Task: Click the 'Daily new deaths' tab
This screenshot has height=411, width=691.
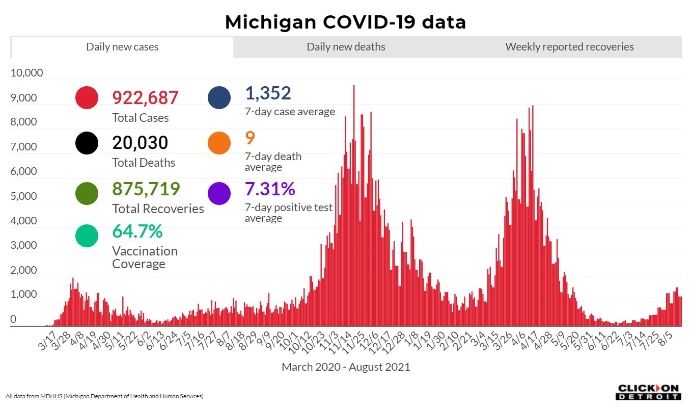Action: [x=346, y=47]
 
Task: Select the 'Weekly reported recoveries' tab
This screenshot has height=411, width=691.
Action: [x=569, y=47]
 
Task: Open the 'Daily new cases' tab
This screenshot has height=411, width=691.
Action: [x=122, y=47]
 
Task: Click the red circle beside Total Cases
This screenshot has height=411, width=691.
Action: [x=87, y=97]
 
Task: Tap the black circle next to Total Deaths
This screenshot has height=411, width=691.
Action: [x=87, y=143]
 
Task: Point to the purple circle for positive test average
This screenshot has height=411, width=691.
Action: [x=219, y=194]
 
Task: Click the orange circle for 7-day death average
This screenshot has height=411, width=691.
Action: [x=219, y=143]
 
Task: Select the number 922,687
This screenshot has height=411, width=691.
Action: [x=145, y=97]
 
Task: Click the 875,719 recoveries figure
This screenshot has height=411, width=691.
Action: [x=146, y=189]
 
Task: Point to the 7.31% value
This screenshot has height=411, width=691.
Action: [x=270, y=189]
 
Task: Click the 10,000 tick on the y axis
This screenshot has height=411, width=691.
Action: [x=27, y=73]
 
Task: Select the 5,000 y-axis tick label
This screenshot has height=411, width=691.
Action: [x=24, y=196]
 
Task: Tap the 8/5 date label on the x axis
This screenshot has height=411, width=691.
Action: [x=665, y=339]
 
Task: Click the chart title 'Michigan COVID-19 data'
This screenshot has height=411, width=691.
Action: [x=345, y=22]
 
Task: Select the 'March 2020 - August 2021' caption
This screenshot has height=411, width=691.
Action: [x=346, y=367]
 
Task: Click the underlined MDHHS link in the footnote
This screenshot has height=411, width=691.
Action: [x=51, y=396]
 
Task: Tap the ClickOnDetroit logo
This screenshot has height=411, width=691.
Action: [x=648, y=392]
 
